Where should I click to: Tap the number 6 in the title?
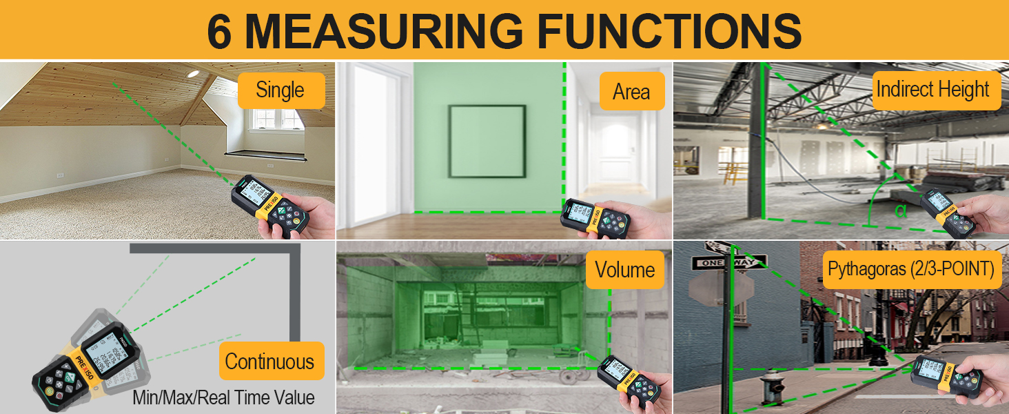pos(220,31)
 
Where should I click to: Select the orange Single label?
pos(281,90)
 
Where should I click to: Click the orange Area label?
pos(631,91)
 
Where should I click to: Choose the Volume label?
pos(625,269)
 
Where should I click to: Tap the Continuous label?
pos(269,361)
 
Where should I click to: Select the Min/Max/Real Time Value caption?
pos(223,397)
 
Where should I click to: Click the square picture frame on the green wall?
pos(487,141)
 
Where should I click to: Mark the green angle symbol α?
pos(900,210)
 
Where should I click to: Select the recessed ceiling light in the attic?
pos(193,74)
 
